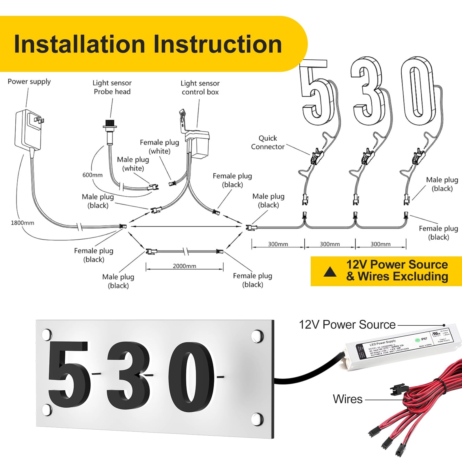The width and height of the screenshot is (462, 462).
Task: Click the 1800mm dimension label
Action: [x=22, y=223]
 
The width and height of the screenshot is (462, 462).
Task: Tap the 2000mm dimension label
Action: [x=184, y=266]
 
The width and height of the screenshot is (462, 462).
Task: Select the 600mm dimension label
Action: [x=92, y=175]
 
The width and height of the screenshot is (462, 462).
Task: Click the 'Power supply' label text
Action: [x=29, y=82]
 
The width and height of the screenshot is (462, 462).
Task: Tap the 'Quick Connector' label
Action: [x=268, y=142]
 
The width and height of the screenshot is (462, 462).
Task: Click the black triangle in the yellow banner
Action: [x=330, y=272]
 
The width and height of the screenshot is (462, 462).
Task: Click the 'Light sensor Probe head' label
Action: [x=112, y=87]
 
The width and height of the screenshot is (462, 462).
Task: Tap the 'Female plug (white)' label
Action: [x=159, y=147]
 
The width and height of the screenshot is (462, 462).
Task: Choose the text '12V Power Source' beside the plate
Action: [x=347, y=325]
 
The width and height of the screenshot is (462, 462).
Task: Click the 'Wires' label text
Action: [x=348, y=399]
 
